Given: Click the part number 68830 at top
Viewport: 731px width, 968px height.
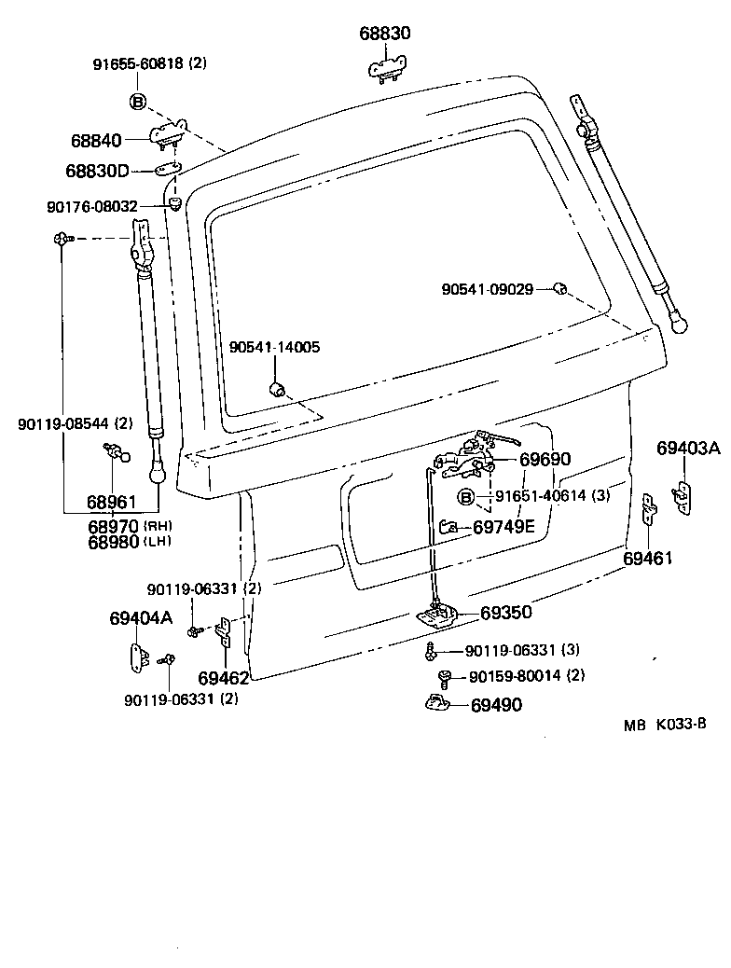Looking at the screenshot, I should (x=385, y=34).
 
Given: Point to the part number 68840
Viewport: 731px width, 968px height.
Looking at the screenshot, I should (x=95, y=141).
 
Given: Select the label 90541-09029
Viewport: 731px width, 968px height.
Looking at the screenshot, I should (x=487, y=289).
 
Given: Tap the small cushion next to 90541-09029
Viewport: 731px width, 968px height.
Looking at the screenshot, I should (x=560, y=288).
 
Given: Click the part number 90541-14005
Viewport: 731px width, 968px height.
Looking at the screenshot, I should (x=274, y=347).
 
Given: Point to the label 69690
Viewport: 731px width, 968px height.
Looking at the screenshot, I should (x=545, y=460).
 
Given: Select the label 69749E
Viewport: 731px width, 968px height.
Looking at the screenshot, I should (x=503, y=527).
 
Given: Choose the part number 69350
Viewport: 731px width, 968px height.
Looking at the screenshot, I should (x=506, y=613).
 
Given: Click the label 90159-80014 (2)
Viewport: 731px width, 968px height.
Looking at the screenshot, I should (x=527, y=676).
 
